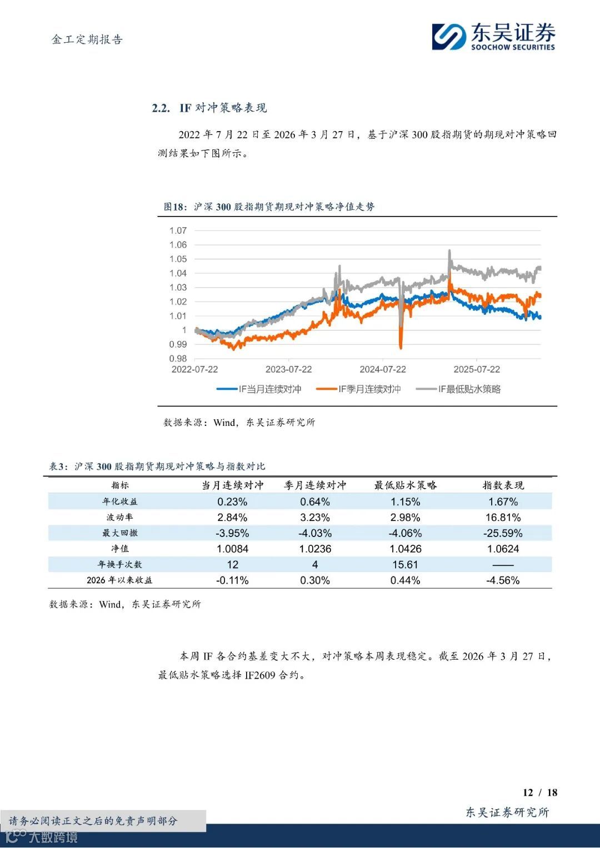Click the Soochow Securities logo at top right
click(493, 37)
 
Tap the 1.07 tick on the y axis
click(178, 230)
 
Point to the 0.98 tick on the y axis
click(178, 359)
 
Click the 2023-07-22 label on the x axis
click(288, 369)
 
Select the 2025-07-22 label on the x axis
click(477, 369)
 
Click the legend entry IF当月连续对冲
click(259, 389)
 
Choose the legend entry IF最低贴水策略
click(458, 389)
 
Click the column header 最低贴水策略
click(405, 485)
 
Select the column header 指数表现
click(503, 485)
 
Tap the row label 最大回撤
click(119, 533)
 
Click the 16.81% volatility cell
click(503, 518)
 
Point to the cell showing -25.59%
click(503, 533)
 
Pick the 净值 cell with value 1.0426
click(405, 549)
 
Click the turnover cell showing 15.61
click(405, 565)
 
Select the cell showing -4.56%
click(503, 580)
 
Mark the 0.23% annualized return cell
click(232, 501)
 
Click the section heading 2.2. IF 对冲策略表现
click(209, 108)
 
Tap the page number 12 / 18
click(539, 792)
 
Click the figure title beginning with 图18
click(269, 207)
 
